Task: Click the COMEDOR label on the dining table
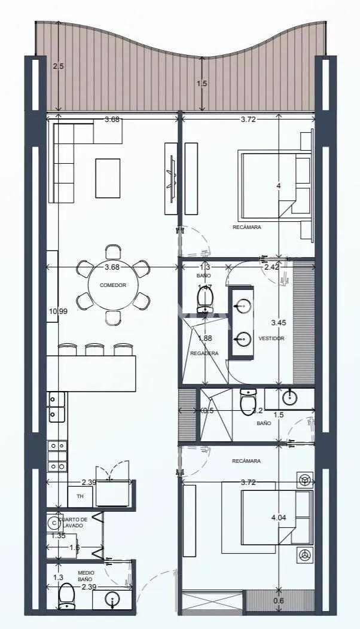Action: [x=112, y=285]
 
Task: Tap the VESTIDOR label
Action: [x=271, y=338]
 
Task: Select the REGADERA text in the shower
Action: [x=204, y=353]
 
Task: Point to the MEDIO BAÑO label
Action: [x=86, y=576]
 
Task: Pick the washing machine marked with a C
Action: [x=54, y=523]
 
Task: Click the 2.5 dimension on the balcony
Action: [x=58, y=66]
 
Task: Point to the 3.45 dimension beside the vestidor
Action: [x=278, y=323]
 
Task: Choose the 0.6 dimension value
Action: [x=278, y=601]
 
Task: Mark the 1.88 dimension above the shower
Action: [x=205, y=338]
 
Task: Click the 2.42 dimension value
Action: [x=271, y=267]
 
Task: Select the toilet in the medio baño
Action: [x=66, y=595]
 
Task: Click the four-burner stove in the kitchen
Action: [x=57, y=456]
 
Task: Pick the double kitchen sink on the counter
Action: [x=57, y=407]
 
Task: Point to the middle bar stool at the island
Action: [x=94, y=349]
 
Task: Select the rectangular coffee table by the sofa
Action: [x=108, y=178]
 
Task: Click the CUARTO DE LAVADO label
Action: [x=75, y=522]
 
